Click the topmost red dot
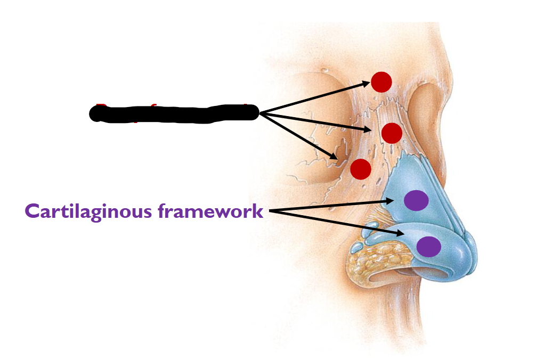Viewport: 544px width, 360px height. (381, 82)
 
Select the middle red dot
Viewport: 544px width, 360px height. (392, 133)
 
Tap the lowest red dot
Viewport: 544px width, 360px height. (361, 169)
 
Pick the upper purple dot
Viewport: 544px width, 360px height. (416, 200)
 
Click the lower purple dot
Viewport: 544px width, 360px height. (428, 247)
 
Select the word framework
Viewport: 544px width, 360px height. (211, 211)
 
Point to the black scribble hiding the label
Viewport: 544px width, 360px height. (174, 113)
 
